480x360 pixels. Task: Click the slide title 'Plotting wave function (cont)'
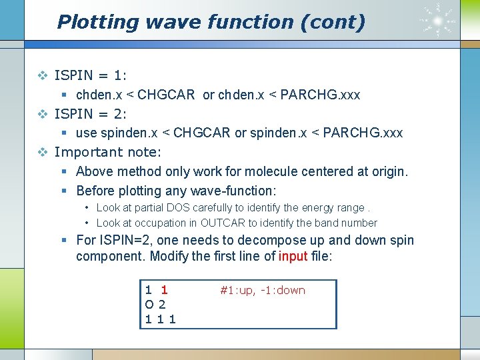pyautogui.click(x=211, y=22)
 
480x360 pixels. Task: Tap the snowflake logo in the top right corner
pyautogui.click(x=438, y=20)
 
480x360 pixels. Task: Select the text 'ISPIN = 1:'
pyautogui.click(x=91, y=75)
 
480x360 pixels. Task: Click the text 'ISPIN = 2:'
pyautogui.click(x=91, y=113)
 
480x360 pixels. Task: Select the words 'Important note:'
pyautogui.click(x=107, y=152)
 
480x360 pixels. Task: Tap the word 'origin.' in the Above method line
pyautogui.click(x=387, y=171)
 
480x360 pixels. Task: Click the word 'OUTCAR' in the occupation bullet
pyautogui.click(x=223, y=223)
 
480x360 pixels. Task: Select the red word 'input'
pyautogui.click(x=293, y=257)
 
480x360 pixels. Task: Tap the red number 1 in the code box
pyautogui.click(x=164, y=290)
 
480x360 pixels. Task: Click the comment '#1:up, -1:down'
pyautogui.click(x=263, y=290)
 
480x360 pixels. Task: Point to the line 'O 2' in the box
pyautogui.click(x=155, y=305)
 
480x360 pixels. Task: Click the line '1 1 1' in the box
pyautogui.click(x=160, y=319)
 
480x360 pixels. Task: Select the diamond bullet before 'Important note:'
pyautogui.click(x=43, y=152)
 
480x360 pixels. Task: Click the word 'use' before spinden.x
pyautogui.click(x=87, y=133)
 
